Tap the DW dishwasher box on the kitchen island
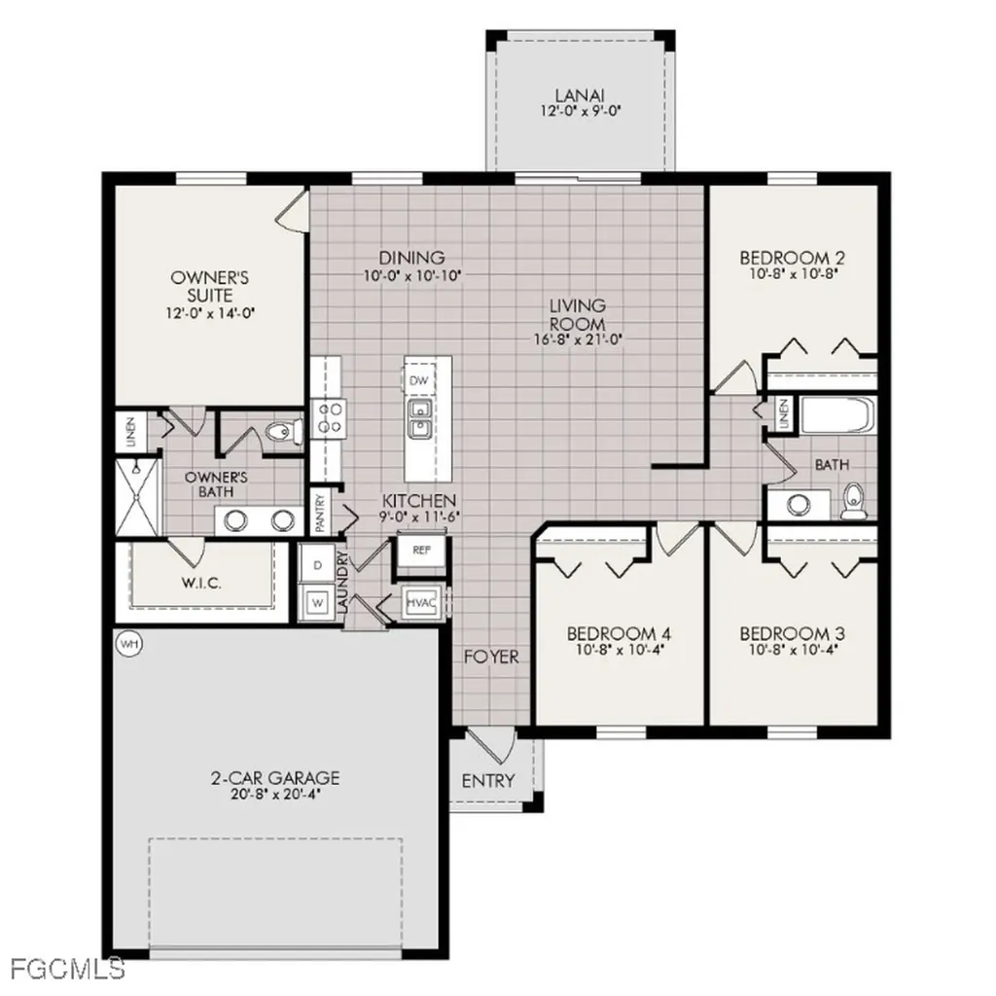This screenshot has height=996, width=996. coord(419,380)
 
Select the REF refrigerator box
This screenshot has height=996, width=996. coord(421,550)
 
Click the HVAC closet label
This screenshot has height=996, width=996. coord(421,603)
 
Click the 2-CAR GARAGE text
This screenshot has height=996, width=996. coord(275,778)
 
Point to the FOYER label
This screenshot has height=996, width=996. coord(491,658)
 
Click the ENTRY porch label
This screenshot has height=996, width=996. coord(488,781)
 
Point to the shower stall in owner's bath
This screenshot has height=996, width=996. coord(138,496)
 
